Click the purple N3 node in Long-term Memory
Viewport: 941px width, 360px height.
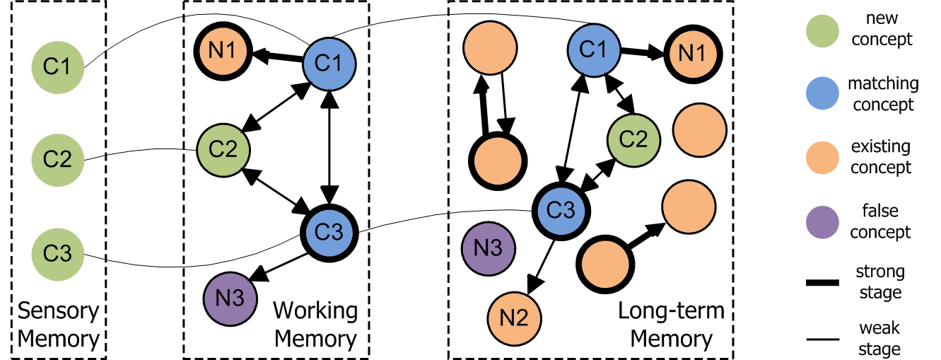(488, 248)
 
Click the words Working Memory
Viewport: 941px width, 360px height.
(314, 325)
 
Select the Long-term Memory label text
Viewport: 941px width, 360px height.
(671, 325)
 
